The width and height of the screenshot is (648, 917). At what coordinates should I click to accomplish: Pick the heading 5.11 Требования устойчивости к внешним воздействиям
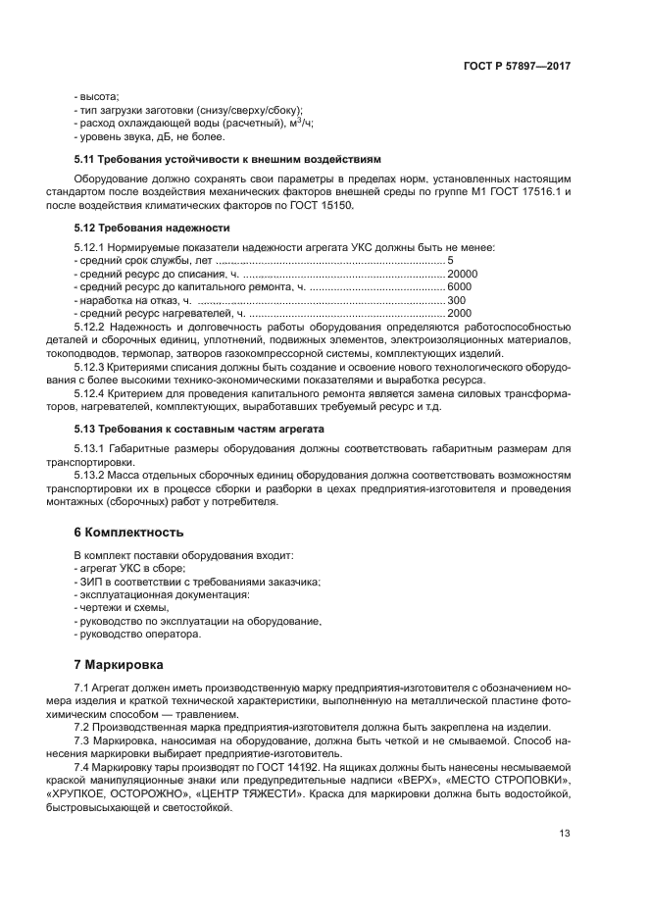click(226, 159)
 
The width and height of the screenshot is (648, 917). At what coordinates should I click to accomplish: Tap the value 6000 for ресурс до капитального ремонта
click(460, 286)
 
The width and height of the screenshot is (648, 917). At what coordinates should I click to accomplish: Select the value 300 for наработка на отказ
click(457, 300)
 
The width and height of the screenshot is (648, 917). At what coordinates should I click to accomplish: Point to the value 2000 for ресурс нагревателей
click(460, 313)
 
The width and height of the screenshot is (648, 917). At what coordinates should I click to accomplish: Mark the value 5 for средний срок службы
click(450, 260)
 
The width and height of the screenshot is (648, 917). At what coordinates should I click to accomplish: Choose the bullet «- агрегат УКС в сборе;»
click(129, 569)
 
